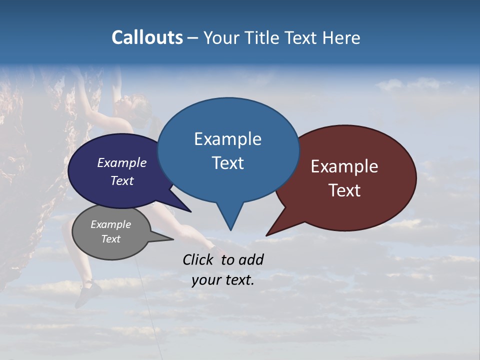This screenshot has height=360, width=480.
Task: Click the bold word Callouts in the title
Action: click(147, 37)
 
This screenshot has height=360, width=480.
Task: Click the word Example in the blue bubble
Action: click(227, 139)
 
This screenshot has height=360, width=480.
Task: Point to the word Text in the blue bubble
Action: click(227, 163)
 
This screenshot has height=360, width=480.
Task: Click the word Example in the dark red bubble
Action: click(344, 166)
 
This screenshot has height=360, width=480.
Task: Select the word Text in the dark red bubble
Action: click(344, 190)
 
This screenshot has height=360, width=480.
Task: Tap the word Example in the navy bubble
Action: click(122, 162)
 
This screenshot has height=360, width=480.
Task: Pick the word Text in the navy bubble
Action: click(122, 180)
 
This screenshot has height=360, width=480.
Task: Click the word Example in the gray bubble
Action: click(111, 224)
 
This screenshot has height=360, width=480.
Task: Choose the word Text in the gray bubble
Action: click(111, 239)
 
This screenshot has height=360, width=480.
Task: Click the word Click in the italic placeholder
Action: click(198, 259)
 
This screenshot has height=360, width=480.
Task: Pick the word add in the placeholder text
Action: click(250, 259)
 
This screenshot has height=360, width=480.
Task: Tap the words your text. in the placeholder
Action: click(223, 280)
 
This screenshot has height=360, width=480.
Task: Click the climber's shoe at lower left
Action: click(87, 292)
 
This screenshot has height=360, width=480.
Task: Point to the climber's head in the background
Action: click(125, 107)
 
